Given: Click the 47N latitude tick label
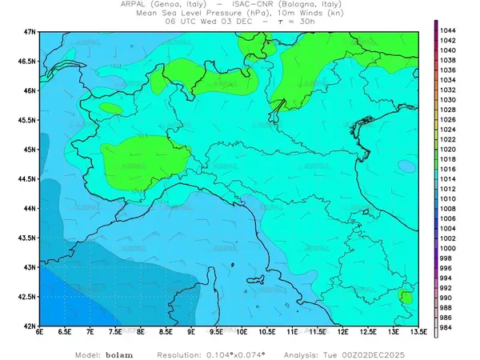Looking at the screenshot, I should click(x=31, y=31).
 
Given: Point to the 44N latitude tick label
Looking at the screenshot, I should click(x=31, y=208).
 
